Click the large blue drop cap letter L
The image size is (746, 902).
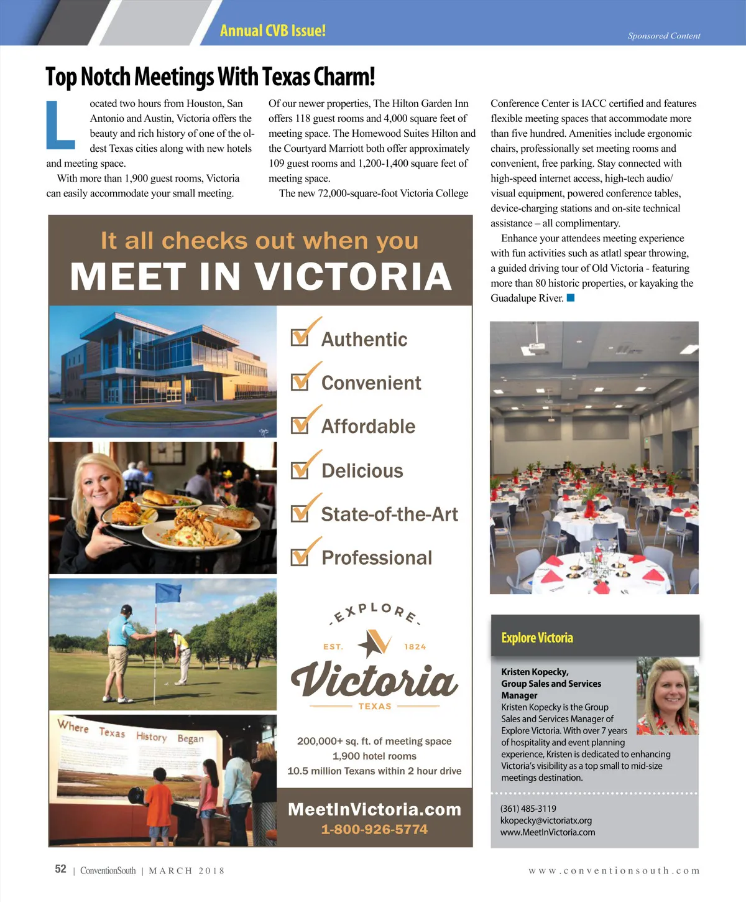pyautogui.click(x=60, y=126)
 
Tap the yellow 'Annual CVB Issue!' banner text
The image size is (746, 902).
pyautogui.click(x=272, y=30)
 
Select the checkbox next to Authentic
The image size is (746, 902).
pyautogui.click(x=300, y=337)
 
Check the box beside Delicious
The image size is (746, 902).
pyautogui.click(x=300, y=470)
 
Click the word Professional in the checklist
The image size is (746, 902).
pyautogui.click(x=376, y=558)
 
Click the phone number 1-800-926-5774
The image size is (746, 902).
pyautogui.click(x=374, y=829)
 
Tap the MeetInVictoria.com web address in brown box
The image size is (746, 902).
pyautogui.click(x=374, y=809)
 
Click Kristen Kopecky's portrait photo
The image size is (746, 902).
pyautogui.click(x=668, y=695)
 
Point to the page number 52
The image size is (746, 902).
pyautogui.click(x=60, y=869)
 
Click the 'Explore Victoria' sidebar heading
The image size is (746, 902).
pyautogui.click(x=537, y=638)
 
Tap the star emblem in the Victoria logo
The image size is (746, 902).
pyautogui.click(x=375, y=643)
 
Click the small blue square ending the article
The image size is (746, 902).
pyautogui.click(x=571, y=298)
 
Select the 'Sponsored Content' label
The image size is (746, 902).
pyautogui.click(x=664, y=36)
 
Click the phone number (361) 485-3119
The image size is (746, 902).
pyautogui.click(x=528, y=809)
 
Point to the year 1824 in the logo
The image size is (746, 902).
pyautogui.click(x=415, y=647)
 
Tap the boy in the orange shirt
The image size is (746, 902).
pyautogui.click(x=159, y=802)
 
